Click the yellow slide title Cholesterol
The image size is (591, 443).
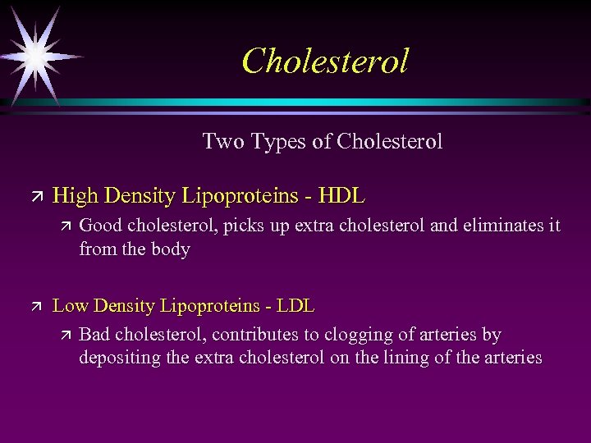click(x=325, y=61)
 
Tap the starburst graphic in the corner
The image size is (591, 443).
click(x=35, y=55)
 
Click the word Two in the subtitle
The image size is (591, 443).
click(x=220, y=142)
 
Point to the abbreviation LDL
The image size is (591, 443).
click(x=295, y=306)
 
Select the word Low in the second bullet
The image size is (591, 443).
click(x=70, y=306)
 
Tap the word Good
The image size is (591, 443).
click(x=100, y=226)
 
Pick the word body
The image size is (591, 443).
click(x=172, y=249)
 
